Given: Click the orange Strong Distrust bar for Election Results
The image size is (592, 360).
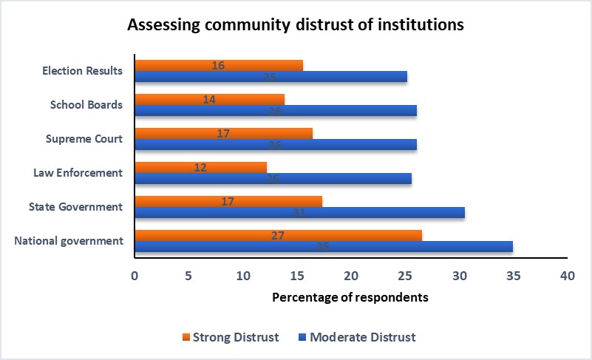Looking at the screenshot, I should coord(219,65).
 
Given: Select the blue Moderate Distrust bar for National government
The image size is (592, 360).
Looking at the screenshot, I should coord(323,246).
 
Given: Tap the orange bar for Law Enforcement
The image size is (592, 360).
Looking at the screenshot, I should coord(200,167).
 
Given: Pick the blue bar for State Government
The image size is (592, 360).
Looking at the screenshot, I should coord(299,213).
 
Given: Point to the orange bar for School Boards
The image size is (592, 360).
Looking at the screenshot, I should coord(209,99).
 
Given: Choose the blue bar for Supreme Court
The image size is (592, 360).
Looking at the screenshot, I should coord(275,145).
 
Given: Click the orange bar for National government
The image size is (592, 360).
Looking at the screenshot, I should coord(278,235).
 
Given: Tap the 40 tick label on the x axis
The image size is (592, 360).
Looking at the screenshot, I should coord(567,276).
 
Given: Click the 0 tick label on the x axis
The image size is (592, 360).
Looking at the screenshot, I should coord(134,276).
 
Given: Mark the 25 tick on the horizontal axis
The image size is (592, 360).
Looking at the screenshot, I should coord(404,276).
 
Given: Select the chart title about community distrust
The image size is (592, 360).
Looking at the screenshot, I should coord(296,24).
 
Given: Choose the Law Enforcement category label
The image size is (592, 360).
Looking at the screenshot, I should coord(78,172).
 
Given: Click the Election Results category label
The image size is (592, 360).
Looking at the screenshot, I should coord(82,71).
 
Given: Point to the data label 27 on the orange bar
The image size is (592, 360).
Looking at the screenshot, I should coord(278,235).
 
